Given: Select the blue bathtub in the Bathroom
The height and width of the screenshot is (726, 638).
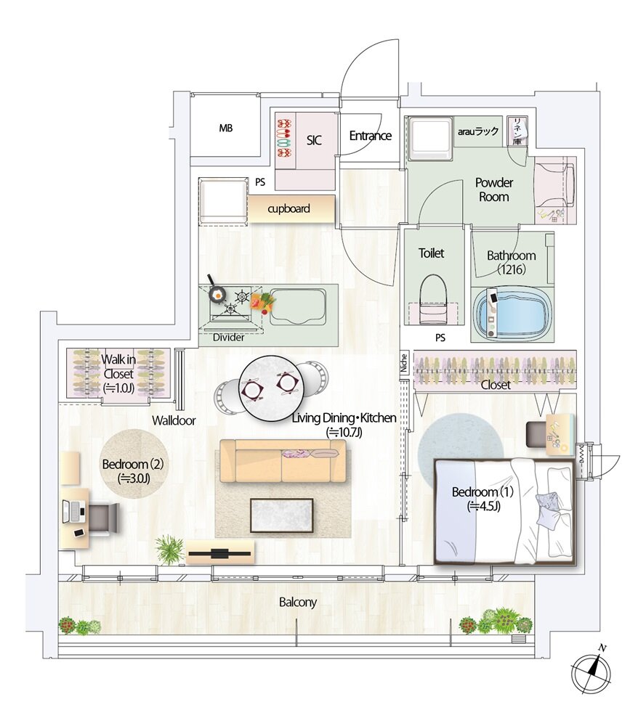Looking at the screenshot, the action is click(513, 314).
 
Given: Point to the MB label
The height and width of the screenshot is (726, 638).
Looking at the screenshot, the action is click(226, 129).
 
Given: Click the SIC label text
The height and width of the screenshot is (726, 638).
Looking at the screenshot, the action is click(314, 140).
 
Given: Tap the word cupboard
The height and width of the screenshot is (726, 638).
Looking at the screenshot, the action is click(288, 209).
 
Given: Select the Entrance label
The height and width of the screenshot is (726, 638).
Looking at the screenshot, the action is click(370, 136).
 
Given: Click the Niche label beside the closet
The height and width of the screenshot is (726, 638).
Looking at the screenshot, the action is click(403, 364).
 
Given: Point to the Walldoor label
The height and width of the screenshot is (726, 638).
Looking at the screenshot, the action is click(174, 421).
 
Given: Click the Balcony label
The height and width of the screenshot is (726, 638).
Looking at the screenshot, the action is click(298, 603).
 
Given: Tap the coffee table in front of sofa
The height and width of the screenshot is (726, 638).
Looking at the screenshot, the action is click(282, 515).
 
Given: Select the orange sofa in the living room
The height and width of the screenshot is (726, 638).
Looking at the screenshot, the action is click(283, 461).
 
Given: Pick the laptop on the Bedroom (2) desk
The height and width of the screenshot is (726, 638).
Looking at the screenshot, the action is click(73, 512).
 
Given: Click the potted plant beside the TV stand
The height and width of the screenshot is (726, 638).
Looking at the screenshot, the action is click(169, 549).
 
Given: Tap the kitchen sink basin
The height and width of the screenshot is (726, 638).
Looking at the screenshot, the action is click(298, 306).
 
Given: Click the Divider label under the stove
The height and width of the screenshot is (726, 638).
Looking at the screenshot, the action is click(228, 338).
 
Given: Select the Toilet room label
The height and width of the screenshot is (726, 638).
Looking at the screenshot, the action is click(432, 253).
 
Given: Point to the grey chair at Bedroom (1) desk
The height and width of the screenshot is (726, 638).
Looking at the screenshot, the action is click(536, 435).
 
